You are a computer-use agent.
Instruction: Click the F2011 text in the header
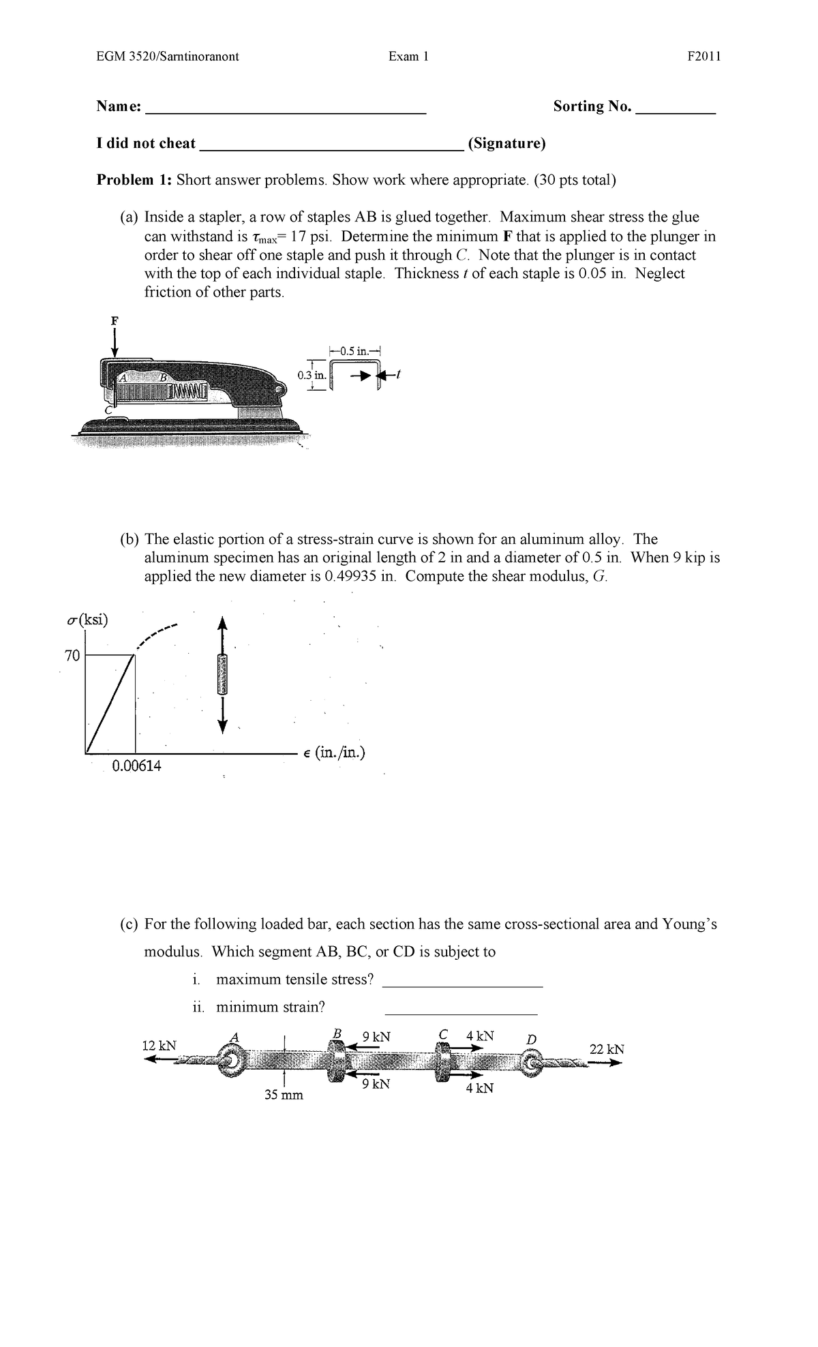coord(704,57)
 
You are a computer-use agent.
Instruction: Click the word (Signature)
coord(506,144)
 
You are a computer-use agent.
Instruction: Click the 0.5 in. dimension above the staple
coord(356,351)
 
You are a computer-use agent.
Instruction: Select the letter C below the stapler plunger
coord(108,410)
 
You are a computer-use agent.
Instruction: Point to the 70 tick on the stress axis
coord(72,656)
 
